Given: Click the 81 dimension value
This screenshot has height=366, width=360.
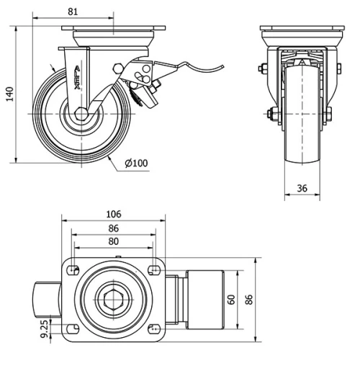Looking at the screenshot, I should coord(70,12).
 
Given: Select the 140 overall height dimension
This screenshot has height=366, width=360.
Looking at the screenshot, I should coord(9,94).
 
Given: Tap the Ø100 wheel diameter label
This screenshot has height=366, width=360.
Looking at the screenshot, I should coord(136,164).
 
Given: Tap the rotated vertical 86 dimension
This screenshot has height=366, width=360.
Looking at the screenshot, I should coord(250,299).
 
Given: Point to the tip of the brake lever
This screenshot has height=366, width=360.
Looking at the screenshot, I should coord(222,66).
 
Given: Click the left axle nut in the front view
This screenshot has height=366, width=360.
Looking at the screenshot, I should coord(271,114).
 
